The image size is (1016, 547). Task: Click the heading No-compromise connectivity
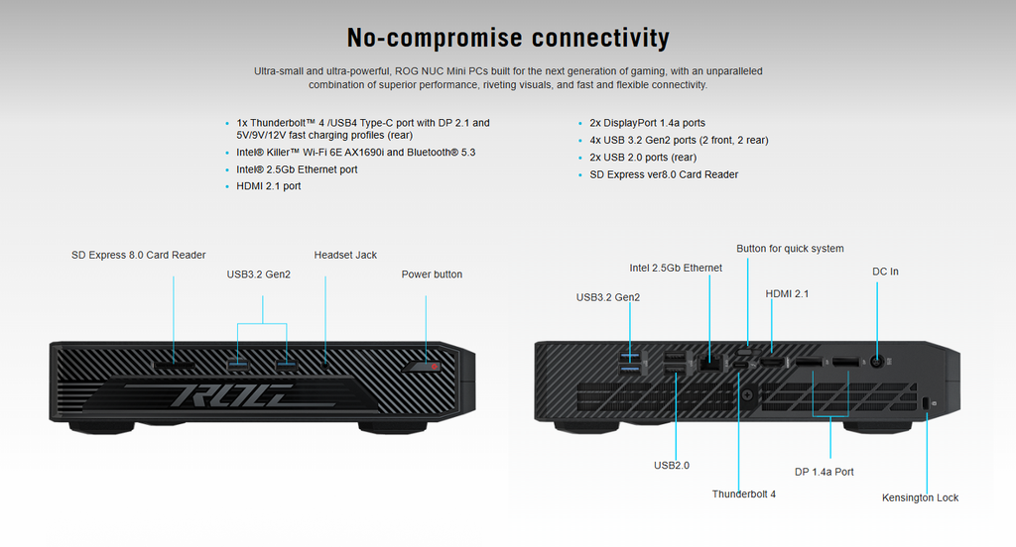(507, 38)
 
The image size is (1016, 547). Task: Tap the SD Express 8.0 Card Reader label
(139, 255)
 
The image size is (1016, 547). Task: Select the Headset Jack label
(345, 255)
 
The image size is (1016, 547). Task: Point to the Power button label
(432, 274)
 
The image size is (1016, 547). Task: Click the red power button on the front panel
(434, 368)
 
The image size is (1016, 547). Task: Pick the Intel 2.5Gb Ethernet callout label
(676, 268)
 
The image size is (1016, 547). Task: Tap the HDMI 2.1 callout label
(788, 293)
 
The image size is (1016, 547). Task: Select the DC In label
(885, 272)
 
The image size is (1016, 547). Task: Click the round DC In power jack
(877, 363)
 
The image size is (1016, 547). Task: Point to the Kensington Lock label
(920, 497)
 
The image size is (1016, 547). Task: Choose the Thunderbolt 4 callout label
(743, 493)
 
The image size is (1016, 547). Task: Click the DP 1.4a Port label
(824, 472)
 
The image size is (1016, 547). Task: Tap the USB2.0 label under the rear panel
(672, 465)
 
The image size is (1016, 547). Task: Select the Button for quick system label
(790, 249)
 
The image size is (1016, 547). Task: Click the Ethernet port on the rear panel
(710, 363)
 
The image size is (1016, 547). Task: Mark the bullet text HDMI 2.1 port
(268, 186)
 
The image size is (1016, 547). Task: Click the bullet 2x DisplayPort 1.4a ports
(647, 123)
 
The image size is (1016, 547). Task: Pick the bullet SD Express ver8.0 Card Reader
(664, 174)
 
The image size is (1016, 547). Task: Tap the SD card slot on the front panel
(173, 366)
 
